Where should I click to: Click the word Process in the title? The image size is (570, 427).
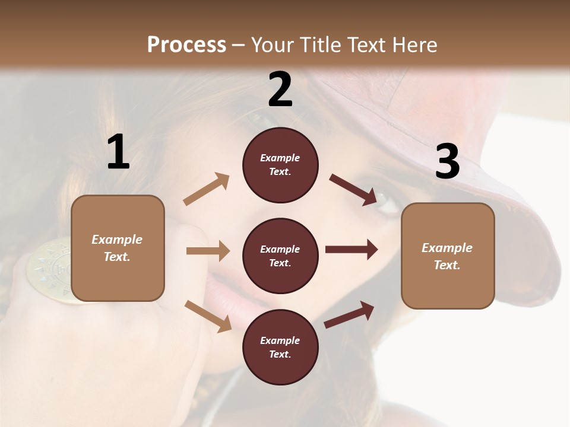point(186,44)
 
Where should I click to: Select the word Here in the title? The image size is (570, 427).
point(413,44)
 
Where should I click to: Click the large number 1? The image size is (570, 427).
point(118,152)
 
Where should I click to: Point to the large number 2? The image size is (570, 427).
point(280,90)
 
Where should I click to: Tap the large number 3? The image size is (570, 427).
point(447,162)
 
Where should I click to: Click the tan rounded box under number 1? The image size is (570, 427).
point(118,248)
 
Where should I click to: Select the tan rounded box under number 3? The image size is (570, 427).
point(448,256)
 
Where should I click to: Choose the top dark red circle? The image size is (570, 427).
point(280,165)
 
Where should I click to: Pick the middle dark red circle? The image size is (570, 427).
point(280,256)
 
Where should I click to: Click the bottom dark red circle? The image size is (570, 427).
point(280,347)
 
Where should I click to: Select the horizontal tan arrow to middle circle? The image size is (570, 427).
point(208,251)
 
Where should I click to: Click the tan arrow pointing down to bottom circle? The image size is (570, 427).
point(208,316)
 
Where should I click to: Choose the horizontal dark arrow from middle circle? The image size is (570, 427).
point(351,250)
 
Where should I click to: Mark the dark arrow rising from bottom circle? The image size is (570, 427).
point(349,314)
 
